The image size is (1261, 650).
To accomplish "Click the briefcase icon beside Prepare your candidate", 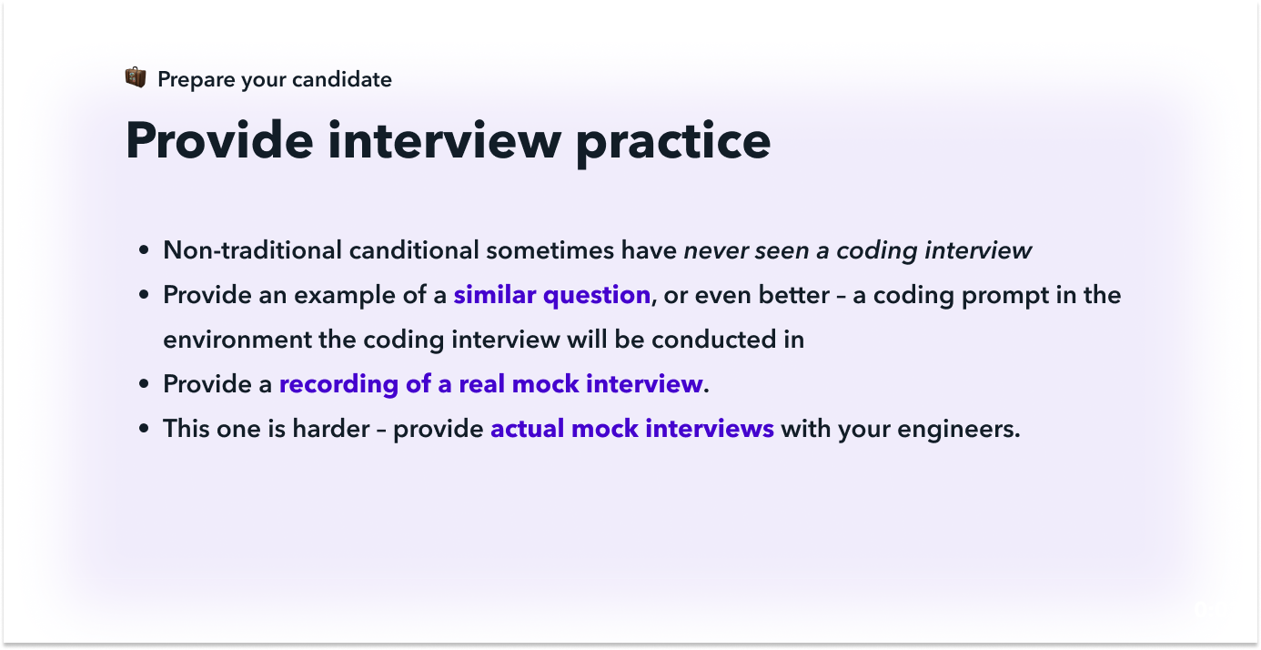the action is [136, 77].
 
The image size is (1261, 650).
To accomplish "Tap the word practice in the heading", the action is [672, 144].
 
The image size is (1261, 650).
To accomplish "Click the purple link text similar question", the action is [552, 295].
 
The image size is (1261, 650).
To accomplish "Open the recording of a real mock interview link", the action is [491, 384].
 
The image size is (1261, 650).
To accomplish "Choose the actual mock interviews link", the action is [632, 429].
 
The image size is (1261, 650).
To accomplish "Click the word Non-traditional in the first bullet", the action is [252, 250].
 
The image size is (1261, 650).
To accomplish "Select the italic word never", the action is [715, 250].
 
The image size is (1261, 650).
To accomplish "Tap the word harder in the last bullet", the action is [331, 429].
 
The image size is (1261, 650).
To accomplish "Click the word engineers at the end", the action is [958, 429].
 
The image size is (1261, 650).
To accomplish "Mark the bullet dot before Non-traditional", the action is [144, 250].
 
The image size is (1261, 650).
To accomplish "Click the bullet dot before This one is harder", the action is [144, 429].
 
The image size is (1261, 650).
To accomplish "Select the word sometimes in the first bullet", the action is [550, 250].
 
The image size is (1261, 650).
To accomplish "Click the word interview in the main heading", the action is [444, 140].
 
